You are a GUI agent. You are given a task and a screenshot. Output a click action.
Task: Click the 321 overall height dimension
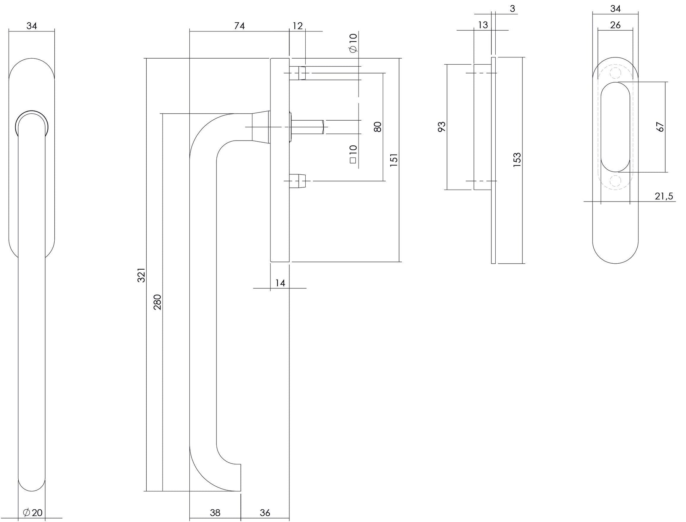pos(141,275)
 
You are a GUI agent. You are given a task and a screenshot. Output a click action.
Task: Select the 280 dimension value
pos(157,302)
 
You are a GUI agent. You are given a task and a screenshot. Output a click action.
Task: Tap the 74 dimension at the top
pos(239,26)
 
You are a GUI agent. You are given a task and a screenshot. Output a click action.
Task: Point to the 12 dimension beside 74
pos(298,26)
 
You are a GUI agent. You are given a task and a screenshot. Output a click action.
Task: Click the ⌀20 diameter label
pos(33,512)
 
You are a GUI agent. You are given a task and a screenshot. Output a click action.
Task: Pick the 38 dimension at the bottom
pos(215,512)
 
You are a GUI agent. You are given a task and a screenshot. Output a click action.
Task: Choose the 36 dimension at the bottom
pos(265,512)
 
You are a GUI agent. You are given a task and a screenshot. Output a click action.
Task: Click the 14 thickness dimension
pos(280,283)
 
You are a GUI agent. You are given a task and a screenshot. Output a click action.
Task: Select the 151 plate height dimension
pos(394,160)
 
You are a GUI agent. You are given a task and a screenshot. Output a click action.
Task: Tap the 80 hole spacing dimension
pos(378,127)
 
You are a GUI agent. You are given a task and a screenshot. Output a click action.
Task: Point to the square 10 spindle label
pos(353,154)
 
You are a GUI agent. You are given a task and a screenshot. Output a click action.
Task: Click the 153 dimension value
pos(517,160)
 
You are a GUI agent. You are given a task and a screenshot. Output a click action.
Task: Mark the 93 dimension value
pos(442,127)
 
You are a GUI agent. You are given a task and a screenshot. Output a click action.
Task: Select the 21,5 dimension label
pos(664,196)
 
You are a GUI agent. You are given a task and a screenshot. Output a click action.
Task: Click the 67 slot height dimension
pos(660,127)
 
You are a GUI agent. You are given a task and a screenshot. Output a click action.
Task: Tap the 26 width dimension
pos(615,25)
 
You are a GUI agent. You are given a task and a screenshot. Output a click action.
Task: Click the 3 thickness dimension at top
pos(513,8)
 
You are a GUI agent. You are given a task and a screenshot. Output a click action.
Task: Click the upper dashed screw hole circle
pos(615,73)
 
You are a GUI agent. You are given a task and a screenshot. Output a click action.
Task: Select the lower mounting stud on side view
pos(298,181)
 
